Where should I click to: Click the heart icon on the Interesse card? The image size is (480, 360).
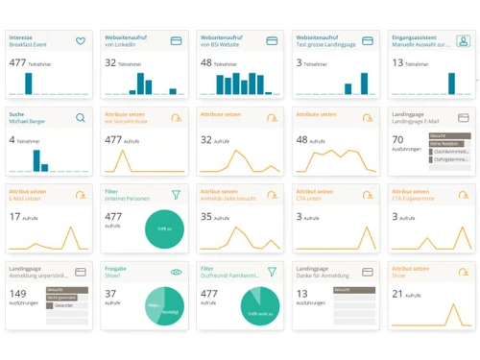coord(81,41)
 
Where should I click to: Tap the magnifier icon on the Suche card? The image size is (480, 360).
coord(81,118)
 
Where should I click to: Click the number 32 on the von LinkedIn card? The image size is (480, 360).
coord(110,62)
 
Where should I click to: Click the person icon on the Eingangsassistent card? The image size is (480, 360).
coord(463,41)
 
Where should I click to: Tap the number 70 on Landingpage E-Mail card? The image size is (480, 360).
coord(397,139)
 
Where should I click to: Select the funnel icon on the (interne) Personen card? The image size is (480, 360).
coord(176,194)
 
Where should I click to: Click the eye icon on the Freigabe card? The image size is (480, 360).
coord(176,272)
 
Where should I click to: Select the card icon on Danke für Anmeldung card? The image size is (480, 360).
coord(368,272)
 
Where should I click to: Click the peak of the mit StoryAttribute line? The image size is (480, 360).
coord(122,152)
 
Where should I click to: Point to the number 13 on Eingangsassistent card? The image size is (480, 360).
coord(397,62)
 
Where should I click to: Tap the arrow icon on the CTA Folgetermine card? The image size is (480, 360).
coord(463,194)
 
